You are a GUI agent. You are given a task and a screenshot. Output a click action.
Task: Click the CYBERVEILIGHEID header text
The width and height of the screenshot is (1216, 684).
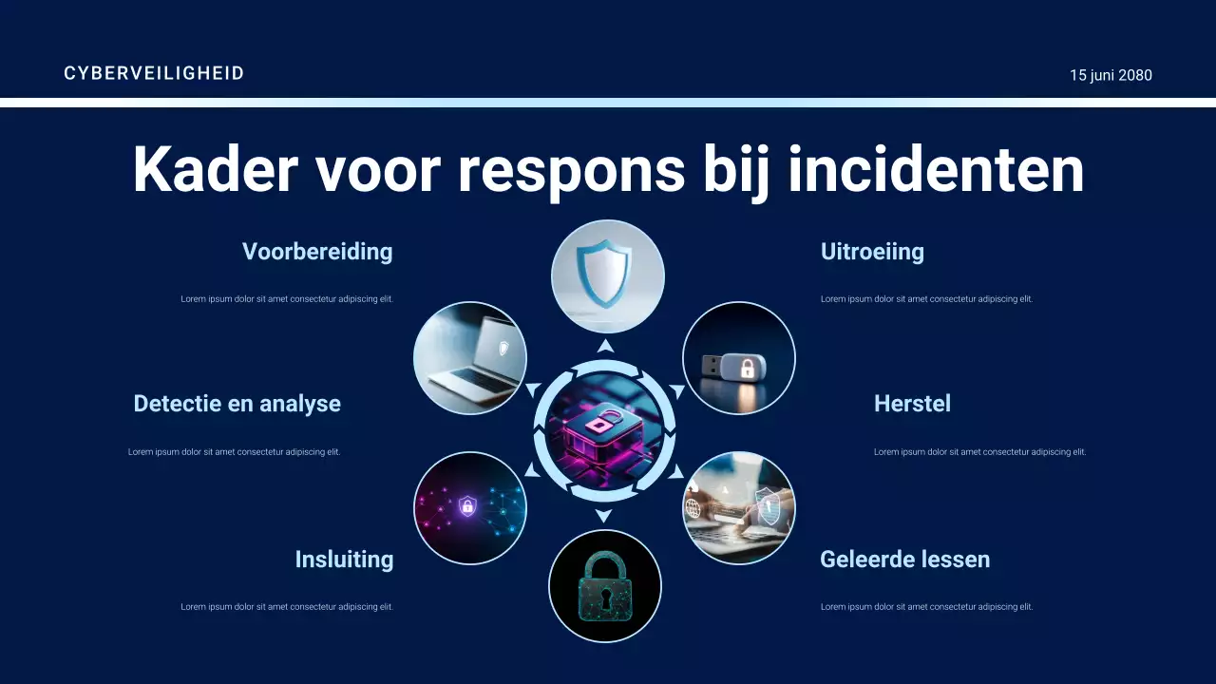(154, 73)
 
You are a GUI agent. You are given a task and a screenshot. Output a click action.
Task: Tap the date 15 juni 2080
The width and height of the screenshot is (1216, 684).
(1111, 75)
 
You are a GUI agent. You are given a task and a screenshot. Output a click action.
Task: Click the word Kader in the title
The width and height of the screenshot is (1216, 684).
(215, 169)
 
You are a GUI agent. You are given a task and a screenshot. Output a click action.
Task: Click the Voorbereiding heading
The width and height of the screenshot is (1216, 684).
(317, 252)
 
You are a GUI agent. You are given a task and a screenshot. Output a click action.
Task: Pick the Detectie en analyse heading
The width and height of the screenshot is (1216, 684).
(237, 404)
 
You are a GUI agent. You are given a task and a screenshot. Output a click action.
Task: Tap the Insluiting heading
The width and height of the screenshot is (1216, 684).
(344, 560)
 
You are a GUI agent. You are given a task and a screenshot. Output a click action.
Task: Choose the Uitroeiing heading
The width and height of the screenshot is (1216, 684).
(872, 252)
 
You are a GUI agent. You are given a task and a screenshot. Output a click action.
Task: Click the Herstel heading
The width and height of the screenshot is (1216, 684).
(912, 404)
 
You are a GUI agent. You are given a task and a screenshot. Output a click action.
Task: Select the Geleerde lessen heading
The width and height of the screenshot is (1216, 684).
(904, 560)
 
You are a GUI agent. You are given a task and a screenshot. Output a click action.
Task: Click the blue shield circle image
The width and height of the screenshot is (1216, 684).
(608, 276)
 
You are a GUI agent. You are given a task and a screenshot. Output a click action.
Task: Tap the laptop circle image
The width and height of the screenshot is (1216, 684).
(470, 358)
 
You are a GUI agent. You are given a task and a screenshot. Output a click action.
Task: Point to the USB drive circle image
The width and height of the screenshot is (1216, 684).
(739, 358)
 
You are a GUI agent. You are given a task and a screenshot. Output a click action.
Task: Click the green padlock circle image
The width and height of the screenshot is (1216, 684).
(605, 586)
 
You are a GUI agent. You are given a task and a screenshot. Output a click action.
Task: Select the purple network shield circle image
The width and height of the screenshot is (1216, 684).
(470, 508)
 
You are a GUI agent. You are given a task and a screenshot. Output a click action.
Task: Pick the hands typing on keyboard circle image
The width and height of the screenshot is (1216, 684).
(739, 508)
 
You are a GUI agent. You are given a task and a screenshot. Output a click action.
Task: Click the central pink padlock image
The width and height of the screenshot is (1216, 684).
(604, 429)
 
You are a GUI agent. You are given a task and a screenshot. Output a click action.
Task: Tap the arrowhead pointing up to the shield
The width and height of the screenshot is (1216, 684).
(605, 346)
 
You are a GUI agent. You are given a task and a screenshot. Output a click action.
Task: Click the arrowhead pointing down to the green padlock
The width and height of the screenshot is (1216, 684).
(603, 516)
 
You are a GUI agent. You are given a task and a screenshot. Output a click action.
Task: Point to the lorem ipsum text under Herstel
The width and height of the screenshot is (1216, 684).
(979, 452)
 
